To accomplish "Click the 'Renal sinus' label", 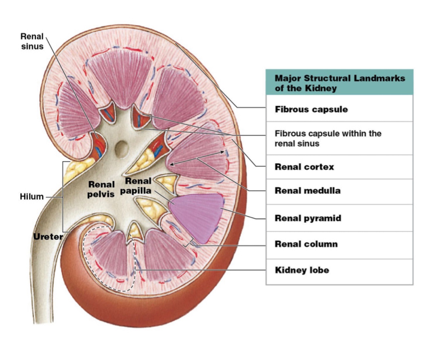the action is (32, 41).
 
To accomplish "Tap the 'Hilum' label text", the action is (31, 197).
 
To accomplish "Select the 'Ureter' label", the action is (48, 236).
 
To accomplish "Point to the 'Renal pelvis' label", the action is (101, 189).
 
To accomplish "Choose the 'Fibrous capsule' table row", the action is (311, 109).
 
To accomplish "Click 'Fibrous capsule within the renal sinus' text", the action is (328, 138).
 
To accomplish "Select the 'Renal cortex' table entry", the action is (304, 167).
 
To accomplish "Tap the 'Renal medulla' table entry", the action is (307, 191).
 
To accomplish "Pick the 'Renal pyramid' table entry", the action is (308, 218).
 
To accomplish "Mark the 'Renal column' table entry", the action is (306, 244).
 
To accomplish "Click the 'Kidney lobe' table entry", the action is (302, 270).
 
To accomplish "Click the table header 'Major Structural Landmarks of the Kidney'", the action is (339, 83).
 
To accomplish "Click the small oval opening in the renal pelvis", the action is (121, 149).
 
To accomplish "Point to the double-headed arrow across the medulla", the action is (197, 158).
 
